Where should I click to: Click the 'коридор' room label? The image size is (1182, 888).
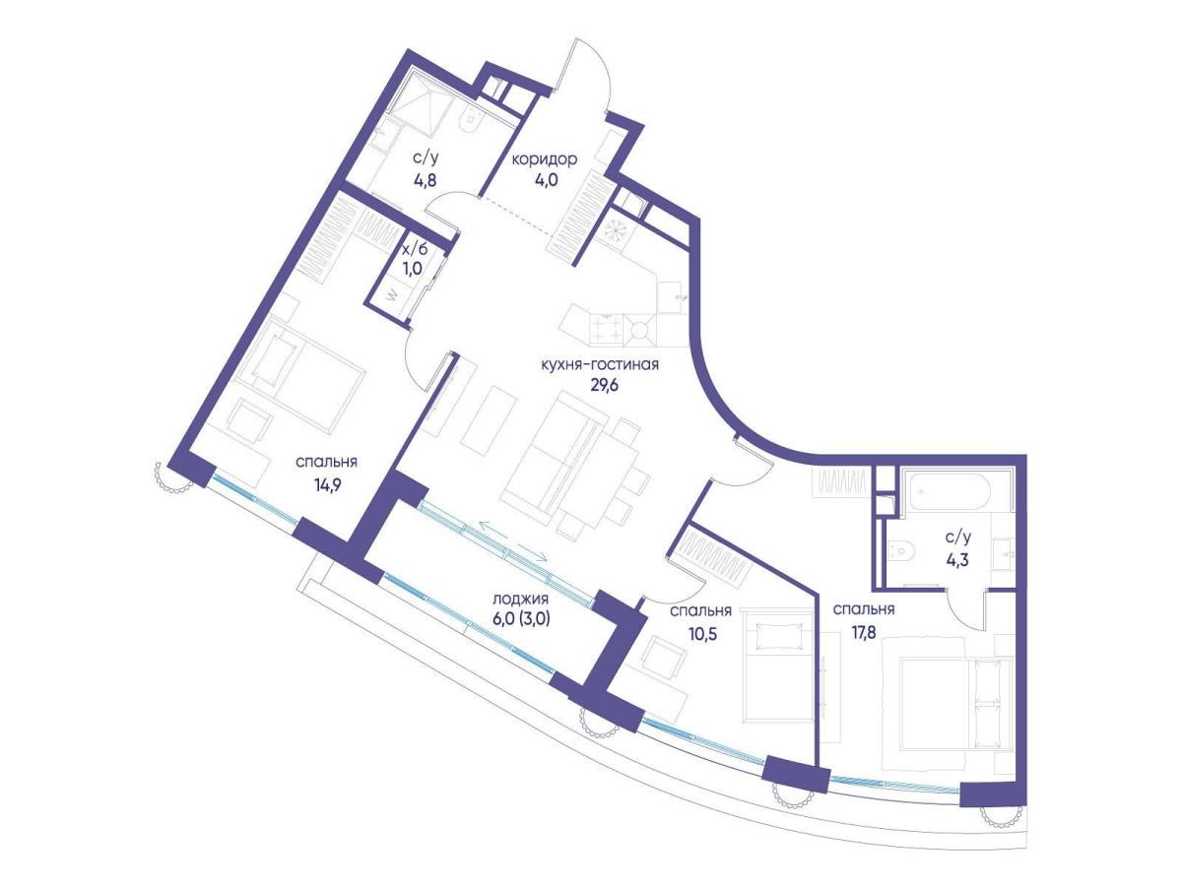coord(545,159)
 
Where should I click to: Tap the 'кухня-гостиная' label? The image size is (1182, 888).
coord(600,364)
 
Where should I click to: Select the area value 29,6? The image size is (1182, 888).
coord(604,385)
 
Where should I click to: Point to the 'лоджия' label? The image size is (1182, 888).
coord(521,600)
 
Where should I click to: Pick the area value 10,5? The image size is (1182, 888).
coord(702,633)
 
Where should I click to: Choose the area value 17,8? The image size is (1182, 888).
coord(862,633)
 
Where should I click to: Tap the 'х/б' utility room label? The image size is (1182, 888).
coord(416,249)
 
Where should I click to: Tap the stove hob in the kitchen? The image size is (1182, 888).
coord(606,330)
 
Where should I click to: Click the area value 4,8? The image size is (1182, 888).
coord(425,179)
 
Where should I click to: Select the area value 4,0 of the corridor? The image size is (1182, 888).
coord(545,180)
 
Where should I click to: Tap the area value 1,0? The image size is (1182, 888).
coord(413,269)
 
